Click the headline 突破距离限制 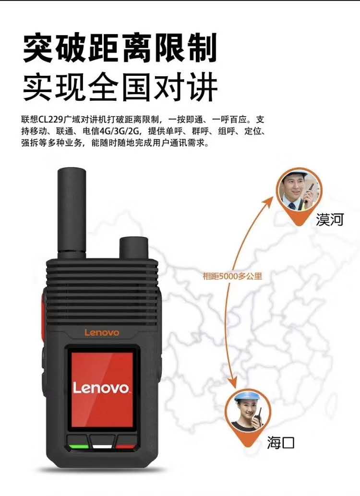[x=120, y=48]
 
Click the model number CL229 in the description [x=51, y=120]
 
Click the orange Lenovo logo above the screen [x=102, y=332]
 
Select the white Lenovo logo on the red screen [x=101, y=388]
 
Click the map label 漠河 [x=330, y=220]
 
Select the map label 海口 [x=280, y=442]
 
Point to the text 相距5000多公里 [x=232, y=276]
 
